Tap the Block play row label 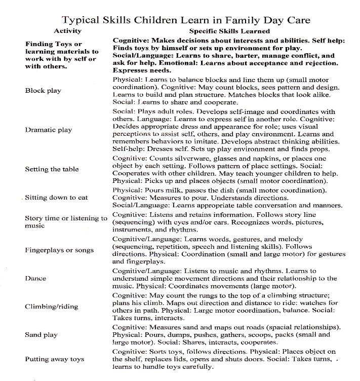[43, 91]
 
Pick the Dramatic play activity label [49, 130]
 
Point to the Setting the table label [52, 169]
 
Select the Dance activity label [35, 278]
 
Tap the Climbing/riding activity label [49, 307]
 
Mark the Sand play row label [41, 335]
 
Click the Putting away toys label [55, 359]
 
